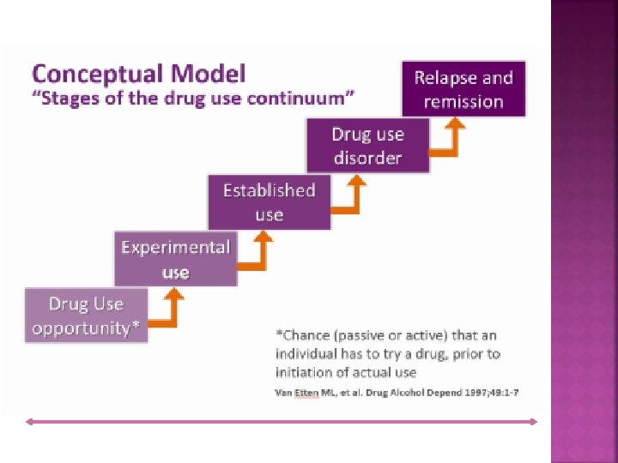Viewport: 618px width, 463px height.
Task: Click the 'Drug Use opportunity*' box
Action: (86, 316)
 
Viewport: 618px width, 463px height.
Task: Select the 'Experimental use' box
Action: (175, 260)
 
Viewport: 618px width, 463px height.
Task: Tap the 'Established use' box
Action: (269, 202)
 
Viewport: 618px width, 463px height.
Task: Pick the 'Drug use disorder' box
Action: (367, 146)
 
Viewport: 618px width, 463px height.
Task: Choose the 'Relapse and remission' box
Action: (463, 89)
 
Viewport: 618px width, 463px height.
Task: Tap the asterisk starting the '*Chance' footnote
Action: (278, 334)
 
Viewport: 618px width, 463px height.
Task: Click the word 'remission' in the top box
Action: (463, 101)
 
